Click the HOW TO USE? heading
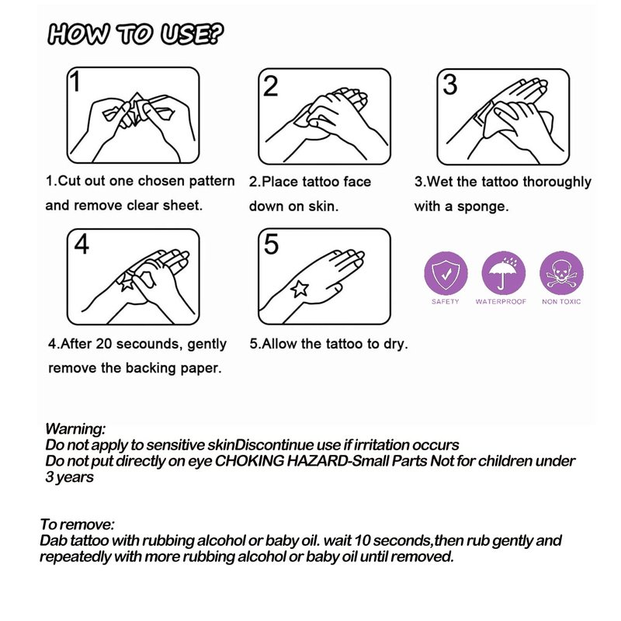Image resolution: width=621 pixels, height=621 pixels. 135,34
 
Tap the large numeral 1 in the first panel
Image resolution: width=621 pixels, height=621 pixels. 75,82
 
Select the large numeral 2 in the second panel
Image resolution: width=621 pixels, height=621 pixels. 270,86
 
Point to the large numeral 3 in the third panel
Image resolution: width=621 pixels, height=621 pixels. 450,85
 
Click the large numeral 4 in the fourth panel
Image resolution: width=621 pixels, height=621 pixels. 82,244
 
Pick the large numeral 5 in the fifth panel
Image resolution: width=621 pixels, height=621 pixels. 271,244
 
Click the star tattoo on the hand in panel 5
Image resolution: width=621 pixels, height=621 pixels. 300,289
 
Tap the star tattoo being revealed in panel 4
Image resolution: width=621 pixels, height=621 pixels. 126,282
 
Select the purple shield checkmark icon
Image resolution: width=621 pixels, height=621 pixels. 446,273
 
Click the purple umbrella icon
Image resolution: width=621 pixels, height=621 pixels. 503,273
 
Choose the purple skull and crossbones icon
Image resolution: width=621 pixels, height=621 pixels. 561,273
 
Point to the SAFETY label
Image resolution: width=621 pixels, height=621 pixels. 446,301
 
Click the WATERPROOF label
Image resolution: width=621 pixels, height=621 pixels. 501,301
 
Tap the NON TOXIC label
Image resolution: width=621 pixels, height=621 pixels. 561,301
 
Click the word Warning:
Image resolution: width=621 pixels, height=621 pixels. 75,428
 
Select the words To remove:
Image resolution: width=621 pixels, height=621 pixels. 77,525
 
